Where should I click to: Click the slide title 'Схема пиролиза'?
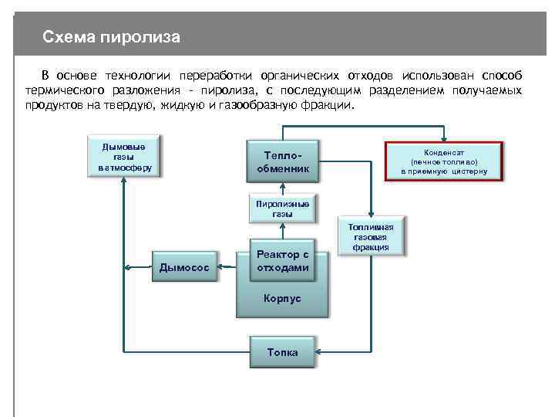[111, 37]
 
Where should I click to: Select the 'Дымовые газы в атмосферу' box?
[125, 157]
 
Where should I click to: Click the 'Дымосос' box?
[183, 267]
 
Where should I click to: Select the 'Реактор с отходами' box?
[282, 261]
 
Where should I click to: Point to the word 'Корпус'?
[282, 298]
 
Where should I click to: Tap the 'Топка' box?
[282, 352]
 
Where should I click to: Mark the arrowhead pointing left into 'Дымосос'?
[220, 267]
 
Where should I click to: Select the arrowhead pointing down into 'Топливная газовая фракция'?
[371, 214]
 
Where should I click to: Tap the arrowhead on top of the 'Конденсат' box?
[444, 138]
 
